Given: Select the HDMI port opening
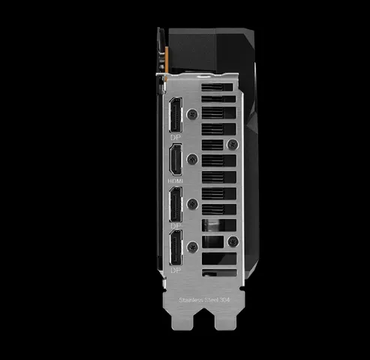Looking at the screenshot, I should tap(175, 160).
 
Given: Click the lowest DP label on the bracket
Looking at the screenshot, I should tap(175, 268).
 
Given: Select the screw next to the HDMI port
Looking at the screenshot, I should tap(195, 158).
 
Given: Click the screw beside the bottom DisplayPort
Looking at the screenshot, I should tap(195, 244).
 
